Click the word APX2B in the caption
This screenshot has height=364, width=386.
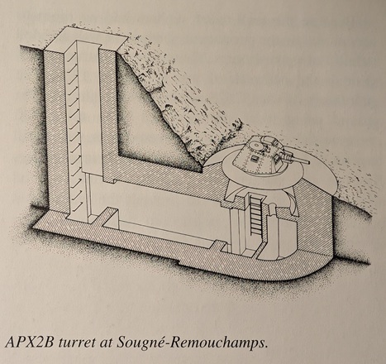coord(29,342)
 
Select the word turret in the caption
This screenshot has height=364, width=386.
coord(75,343)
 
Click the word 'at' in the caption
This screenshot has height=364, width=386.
coord(105,344)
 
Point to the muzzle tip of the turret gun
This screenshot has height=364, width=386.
coord(308,162)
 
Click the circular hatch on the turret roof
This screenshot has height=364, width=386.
coord(257,144)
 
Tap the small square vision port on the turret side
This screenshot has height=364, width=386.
coord(255,158)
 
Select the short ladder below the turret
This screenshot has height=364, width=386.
coord(255,214)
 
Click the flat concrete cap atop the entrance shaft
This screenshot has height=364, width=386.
coord(86,39)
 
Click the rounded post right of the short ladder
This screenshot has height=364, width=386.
coord(272,223)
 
